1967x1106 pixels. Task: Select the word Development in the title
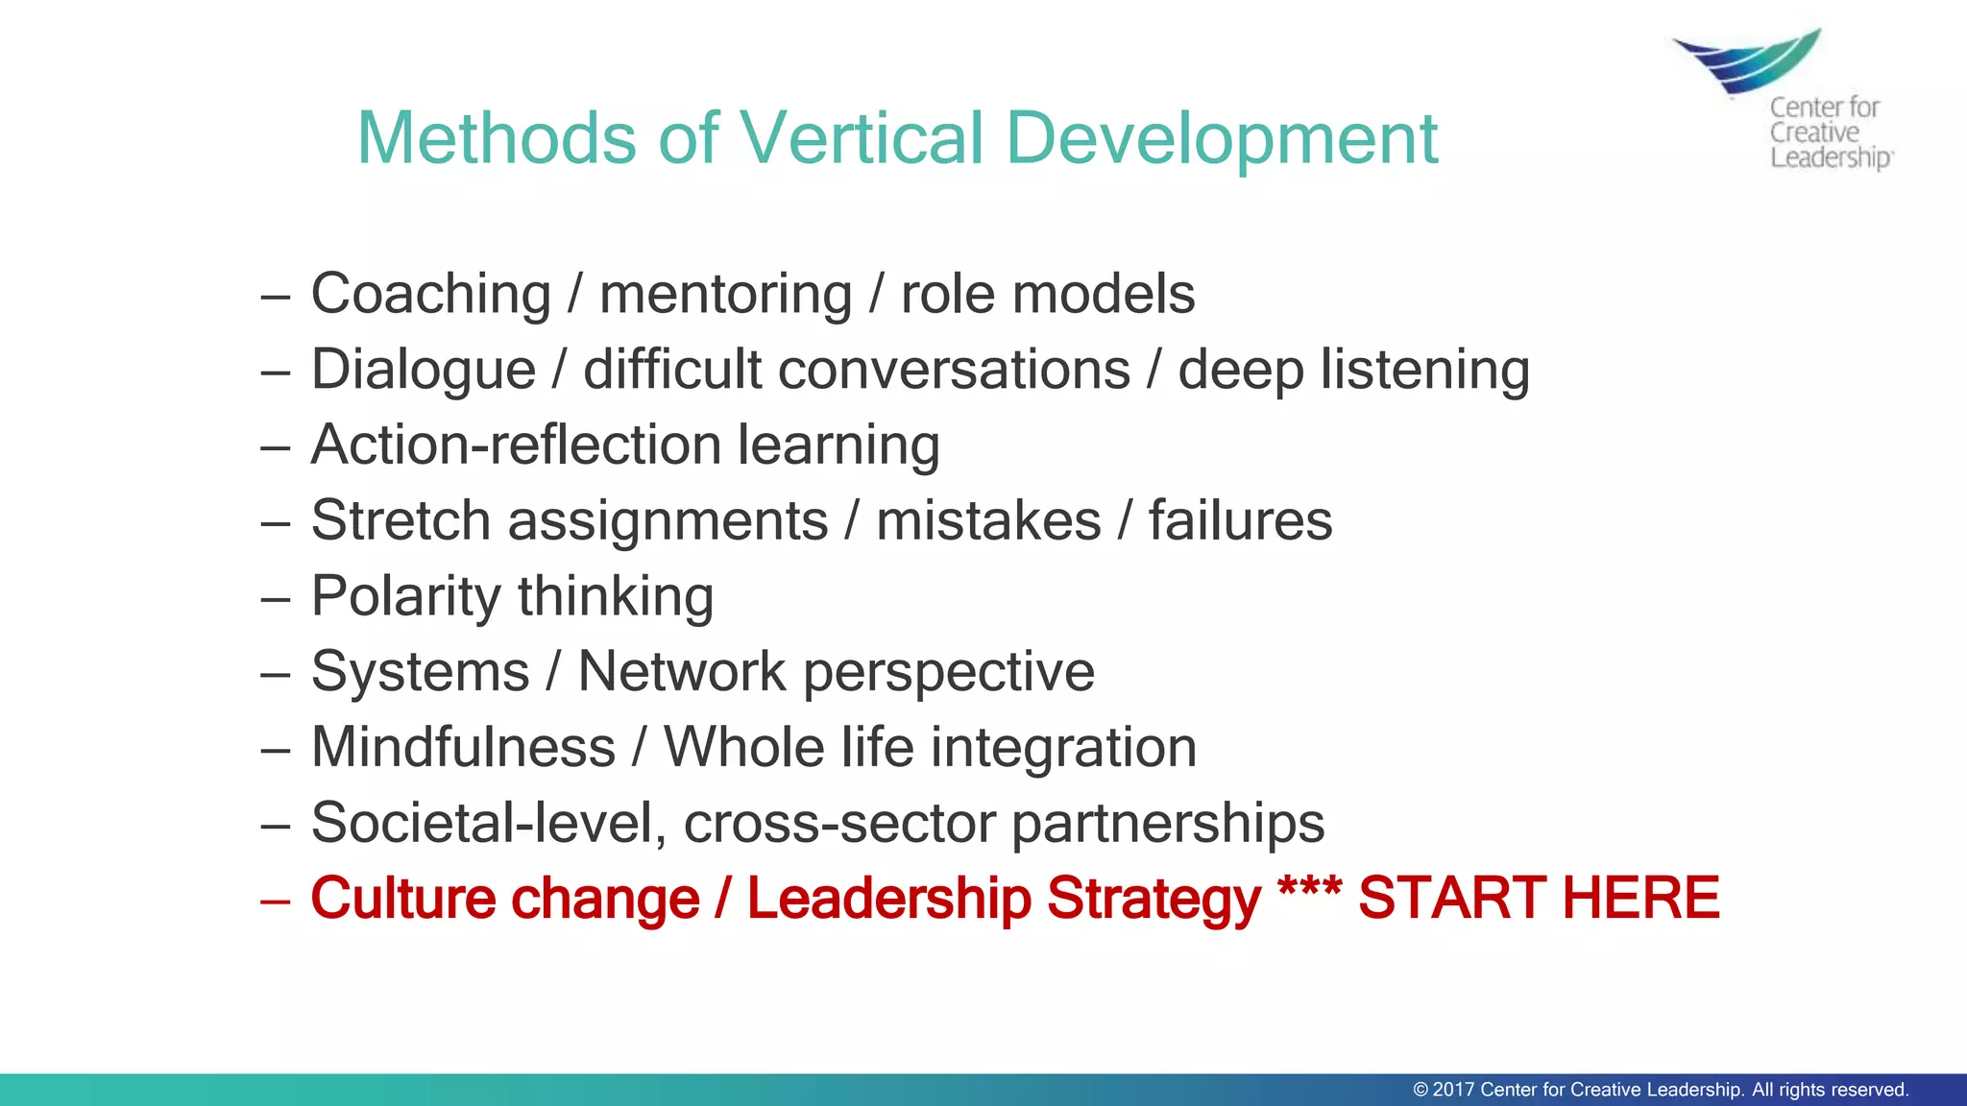click(1222, 140)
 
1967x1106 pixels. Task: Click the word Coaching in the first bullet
click(430, 294)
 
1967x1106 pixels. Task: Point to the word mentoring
click(726, 296)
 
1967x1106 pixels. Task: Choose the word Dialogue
click(424, 371)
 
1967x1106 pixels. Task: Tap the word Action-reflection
click(516, 445)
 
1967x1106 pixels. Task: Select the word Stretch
click(401, 520)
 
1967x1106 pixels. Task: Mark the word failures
click(1240, 520)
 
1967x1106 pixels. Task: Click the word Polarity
click(406, 597)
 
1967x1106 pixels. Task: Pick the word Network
click(682, 671)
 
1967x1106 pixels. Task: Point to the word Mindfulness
click(463, 747)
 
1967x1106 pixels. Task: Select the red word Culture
click(408, 900)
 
